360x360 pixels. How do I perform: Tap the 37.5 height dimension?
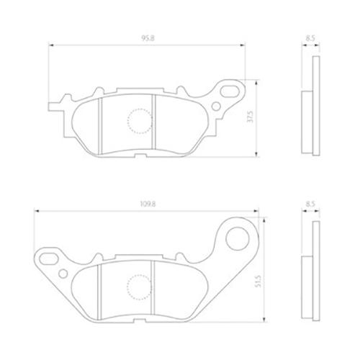250,117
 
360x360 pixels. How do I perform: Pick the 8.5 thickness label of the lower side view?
310,204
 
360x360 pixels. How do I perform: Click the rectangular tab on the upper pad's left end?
55,107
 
